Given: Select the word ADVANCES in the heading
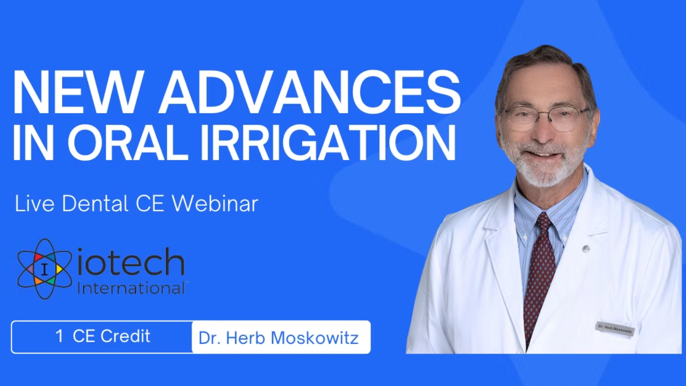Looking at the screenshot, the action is pos(310,93).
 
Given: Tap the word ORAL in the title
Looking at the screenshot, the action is pos(128,142).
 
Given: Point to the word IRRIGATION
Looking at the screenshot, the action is pos(328,142).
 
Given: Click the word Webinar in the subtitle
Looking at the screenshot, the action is pos(215,203).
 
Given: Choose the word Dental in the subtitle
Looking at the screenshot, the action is pos(95,203).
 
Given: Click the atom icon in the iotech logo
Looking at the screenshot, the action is pos(45,269).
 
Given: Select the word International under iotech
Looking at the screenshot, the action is pos(131,288).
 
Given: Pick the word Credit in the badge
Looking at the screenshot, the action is pos(125,336).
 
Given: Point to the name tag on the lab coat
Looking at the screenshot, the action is pos(615,329).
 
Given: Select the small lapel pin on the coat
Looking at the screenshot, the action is pos(586,248).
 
